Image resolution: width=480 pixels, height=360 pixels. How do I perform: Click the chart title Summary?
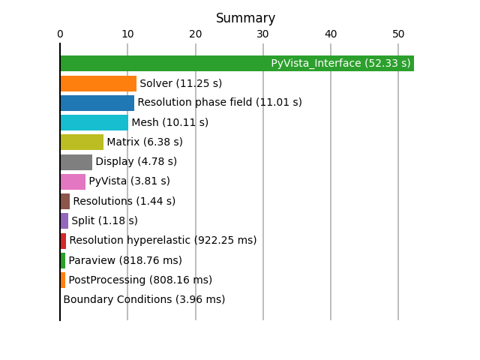[x=245, y=18]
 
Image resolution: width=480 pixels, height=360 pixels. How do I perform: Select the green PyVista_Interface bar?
[x=237, y=63]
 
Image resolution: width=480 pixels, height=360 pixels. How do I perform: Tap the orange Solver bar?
[x=98, y=83]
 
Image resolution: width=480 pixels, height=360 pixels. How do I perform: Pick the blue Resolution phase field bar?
[x=97, y=103]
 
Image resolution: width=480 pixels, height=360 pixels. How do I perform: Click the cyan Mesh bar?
[x=94, y=122]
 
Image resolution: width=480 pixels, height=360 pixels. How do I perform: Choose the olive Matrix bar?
[x=82, y=142]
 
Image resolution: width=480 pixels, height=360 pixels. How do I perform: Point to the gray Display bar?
[x=76, y=162]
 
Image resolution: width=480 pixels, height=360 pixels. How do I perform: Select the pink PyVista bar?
[x=73, y=181]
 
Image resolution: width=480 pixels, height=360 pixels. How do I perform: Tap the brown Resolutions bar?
[x=65, y=202]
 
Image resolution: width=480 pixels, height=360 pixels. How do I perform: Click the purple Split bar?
[x=64, y=220]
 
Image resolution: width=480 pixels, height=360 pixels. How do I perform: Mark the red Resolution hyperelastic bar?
[x=63, y=241]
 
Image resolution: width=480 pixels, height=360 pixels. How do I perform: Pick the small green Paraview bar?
[x=63, y=260]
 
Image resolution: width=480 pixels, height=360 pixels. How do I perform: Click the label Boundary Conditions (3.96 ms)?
[x=144, y=299]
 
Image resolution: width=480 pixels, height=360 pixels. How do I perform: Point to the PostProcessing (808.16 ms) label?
[x=140, y=280]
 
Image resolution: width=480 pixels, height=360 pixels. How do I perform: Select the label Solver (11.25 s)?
[x=181, y=83]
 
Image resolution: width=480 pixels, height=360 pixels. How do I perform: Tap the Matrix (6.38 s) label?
[x=145, y=142]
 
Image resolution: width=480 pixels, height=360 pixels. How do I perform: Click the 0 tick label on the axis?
[x=60, y=34]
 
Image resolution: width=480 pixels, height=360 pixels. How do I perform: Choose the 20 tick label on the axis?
[x=195, y=34]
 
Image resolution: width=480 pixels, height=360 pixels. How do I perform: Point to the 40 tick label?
[x=331, y=34]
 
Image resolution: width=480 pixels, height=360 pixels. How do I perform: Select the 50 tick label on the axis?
[x=398, y=34]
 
